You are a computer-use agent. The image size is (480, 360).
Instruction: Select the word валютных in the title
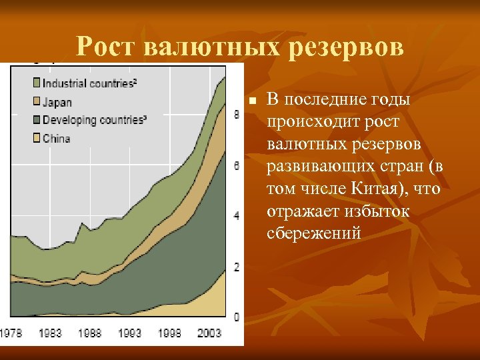(x=215, y=47)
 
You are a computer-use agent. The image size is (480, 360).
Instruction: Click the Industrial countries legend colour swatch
(x=36, y=83)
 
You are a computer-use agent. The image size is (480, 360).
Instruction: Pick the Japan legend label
(x=57, y=103)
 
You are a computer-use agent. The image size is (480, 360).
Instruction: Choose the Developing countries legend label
(x=94, y=121)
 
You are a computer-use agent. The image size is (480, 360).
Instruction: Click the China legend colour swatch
(x=36, y=139)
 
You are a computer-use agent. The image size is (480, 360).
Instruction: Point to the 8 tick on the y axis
(x=237, y=115)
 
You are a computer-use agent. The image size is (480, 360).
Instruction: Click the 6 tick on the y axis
(x=237, y=165)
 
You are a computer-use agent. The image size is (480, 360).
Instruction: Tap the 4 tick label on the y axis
(x=237, y=216)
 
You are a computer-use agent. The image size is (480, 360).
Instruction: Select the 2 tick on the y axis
(x=237, y=267)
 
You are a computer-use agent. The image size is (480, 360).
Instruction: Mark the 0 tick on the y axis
(x=237, y=317)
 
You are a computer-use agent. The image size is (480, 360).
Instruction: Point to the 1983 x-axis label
(x=50, y=332)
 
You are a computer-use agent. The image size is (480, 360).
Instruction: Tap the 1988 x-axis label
(x=89, y=332)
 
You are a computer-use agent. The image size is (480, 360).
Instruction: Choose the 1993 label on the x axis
(x=129, y=332)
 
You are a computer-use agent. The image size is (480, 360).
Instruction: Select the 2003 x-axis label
(x=209, y=332)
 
